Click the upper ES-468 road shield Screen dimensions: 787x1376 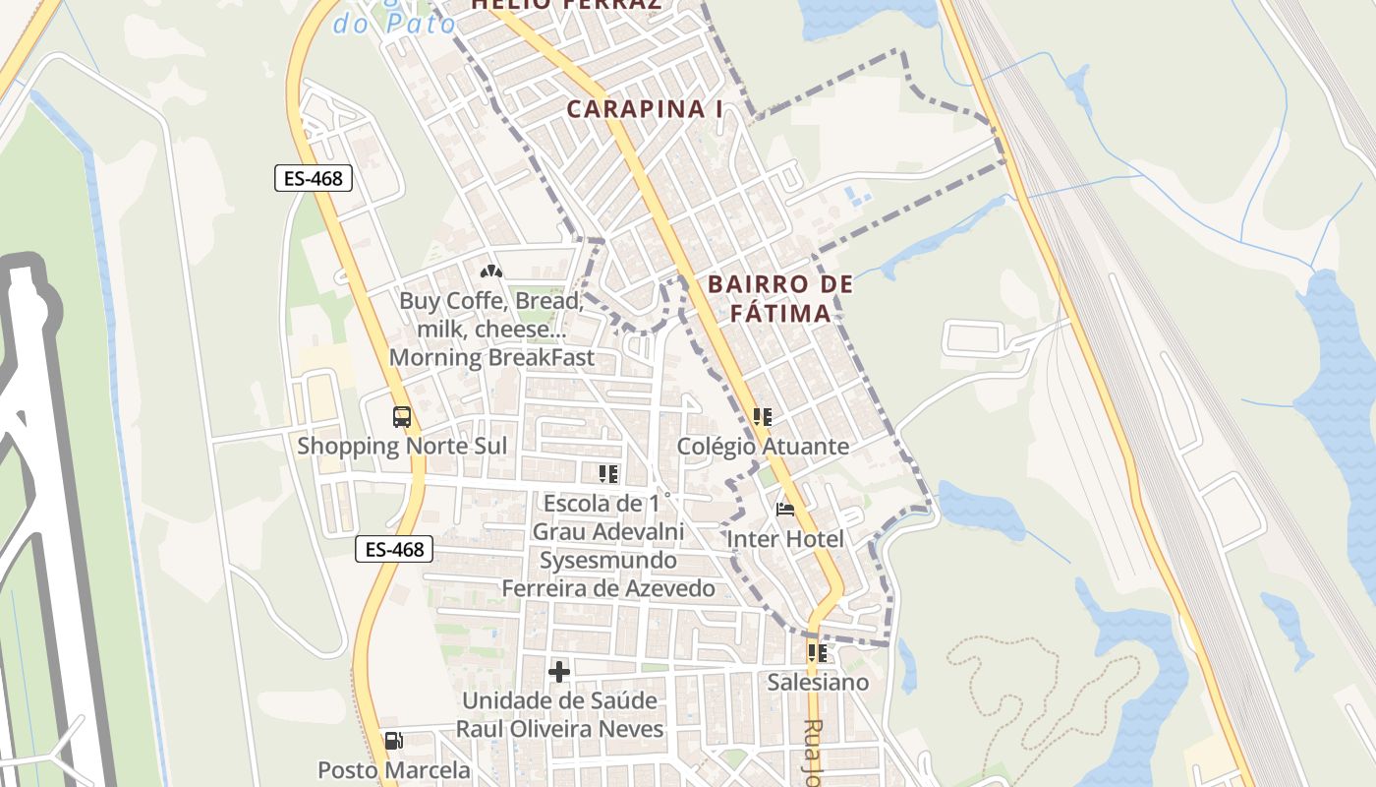313,178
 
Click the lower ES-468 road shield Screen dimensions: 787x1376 393,549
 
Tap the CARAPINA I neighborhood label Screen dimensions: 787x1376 644,109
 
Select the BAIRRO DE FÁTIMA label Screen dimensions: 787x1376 780,299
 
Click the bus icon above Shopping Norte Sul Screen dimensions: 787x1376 401,416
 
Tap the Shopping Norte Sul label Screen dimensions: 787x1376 402,446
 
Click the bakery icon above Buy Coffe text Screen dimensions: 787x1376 491,272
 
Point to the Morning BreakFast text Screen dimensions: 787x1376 491,357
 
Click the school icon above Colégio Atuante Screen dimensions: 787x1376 762,417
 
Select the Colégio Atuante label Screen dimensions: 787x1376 763,447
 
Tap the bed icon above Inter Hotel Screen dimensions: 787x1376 784,510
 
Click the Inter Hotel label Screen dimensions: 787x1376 784,539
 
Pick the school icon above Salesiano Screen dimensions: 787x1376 817,652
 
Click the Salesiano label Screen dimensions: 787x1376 818,682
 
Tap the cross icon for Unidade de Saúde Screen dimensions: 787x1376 559,672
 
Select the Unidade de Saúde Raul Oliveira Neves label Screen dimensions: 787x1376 559,715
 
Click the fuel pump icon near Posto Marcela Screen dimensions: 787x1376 393,741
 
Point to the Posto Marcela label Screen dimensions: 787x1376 393,769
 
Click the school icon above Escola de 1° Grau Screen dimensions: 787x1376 608,474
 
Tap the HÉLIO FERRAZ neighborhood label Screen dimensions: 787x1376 564,5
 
